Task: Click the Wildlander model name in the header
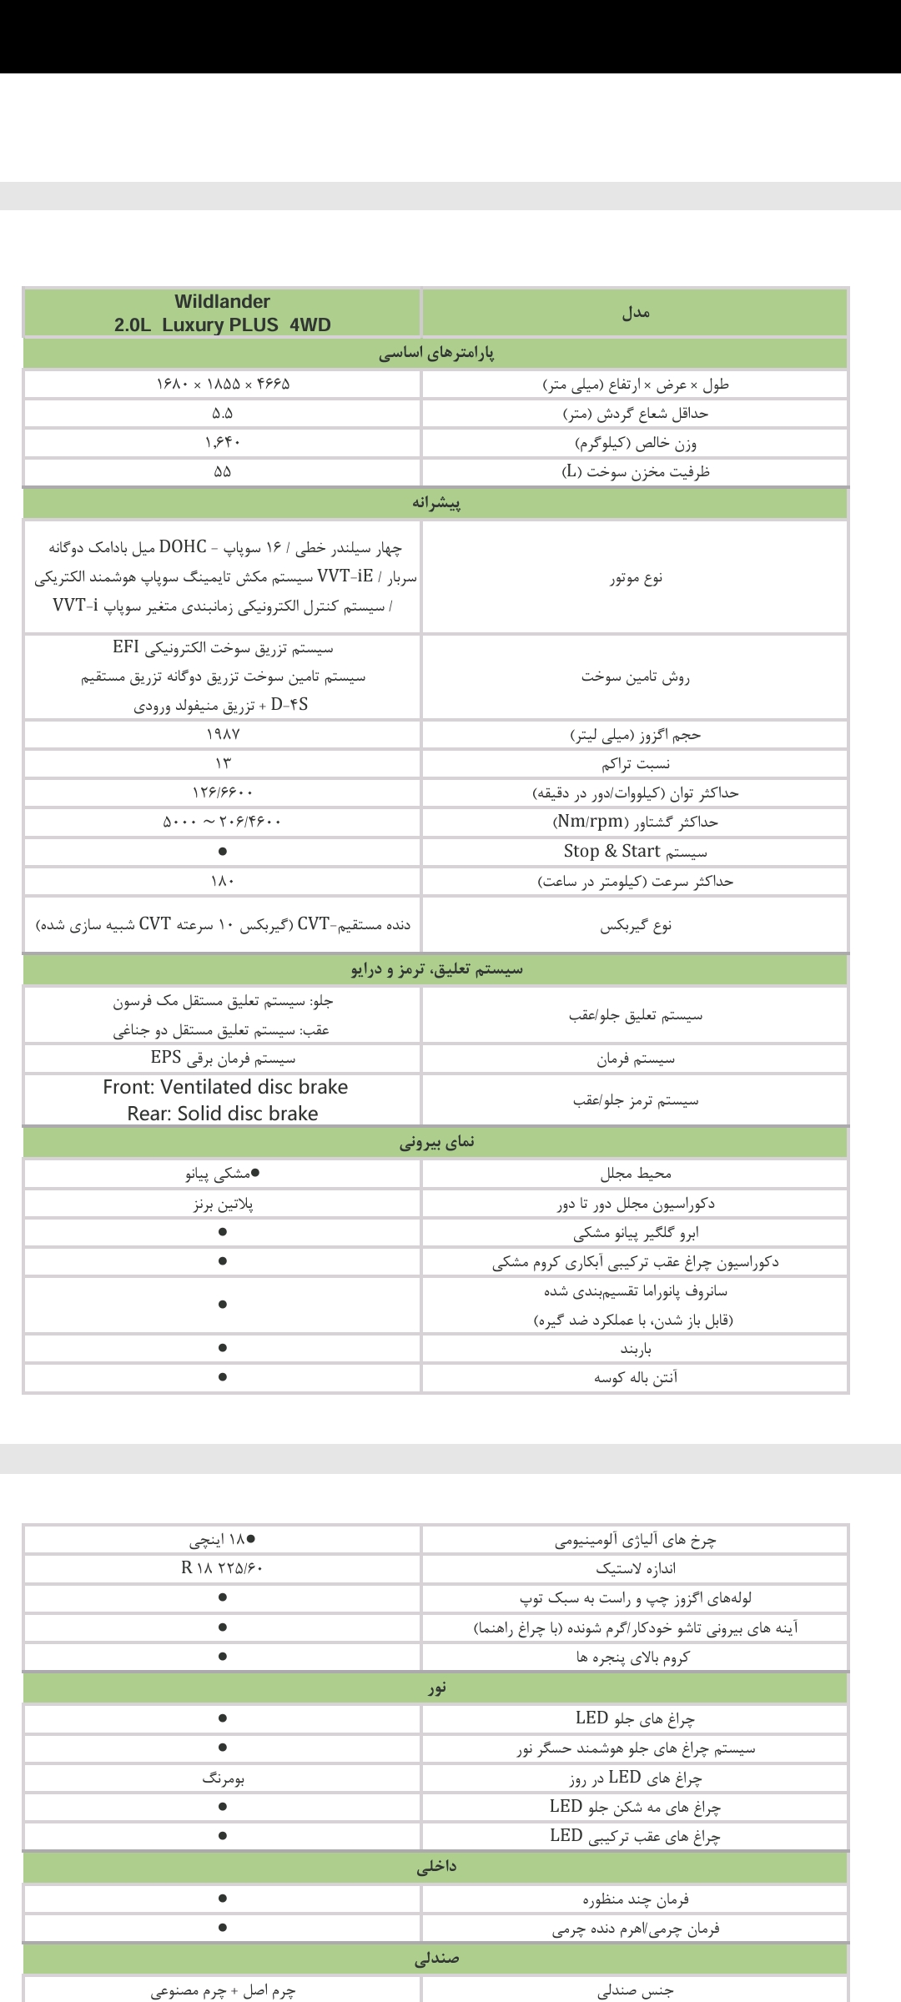pos(223,301)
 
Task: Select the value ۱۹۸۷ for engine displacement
pos(223,735)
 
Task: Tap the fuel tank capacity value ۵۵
pos(223,471)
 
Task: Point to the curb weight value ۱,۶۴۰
pos(223,442)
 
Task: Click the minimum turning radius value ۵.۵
pos(223,414)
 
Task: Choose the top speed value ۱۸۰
pos(223,881)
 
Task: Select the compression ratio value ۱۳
pos(223,763)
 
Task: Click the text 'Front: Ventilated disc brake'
pos(225,1087)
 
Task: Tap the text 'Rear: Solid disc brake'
pos(223,1114)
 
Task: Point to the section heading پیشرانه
pos(436,504)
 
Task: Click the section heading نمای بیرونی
pos(436,1143)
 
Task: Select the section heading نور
pos(436,1688)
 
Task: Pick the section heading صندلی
pos(436,1958)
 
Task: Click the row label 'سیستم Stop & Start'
pos(635,852)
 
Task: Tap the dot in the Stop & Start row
pos(223,853)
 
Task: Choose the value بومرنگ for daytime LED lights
pos(223,1778)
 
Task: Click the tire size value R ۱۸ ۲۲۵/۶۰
pos(223,1568)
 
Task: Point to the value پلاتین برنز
pos(223,1204)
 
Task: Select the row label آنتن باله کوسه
pos(636,1379)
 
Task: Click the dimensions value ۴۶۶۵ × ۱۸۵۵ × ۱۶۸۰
pos(223,385)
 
